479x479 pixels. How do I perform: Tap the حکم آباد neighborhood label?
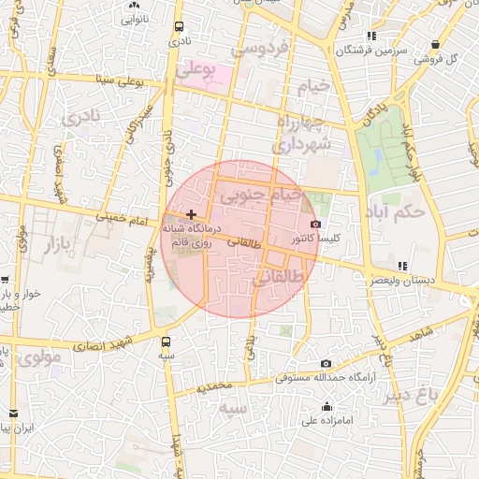tap(397, 210)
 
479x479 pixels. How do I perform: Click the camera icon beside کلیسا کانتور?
tap(315, 225)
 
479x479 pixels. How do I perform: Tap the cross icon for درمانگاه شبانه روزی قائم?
tap(192, 214)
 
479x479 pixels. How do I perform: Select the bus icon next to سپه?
tap(167, 341)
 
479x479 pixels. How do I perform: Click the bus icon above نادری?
tap(178, 27)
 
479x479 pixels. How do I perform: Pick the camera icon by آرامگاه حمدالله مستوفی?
tap(326, 363)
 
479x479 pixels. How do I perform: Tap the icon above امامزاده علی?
tap(327, 406)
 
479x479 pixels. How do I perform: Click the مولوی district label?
tap(45, 356)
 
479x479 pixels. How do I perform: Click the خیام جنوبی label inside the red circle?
tap(261, 196)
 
